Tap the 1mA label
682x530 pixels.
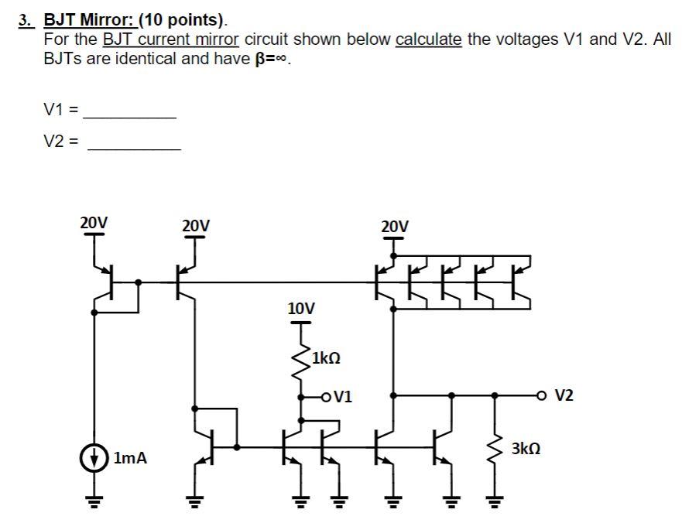point(129,458)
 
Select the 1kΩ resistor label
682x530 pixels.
point(325,358)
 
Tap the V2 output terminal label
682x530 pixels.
point(564,395)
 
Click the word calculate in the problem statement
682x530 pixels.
point(428,39)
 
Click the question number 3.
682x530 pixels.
point(26,21)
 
